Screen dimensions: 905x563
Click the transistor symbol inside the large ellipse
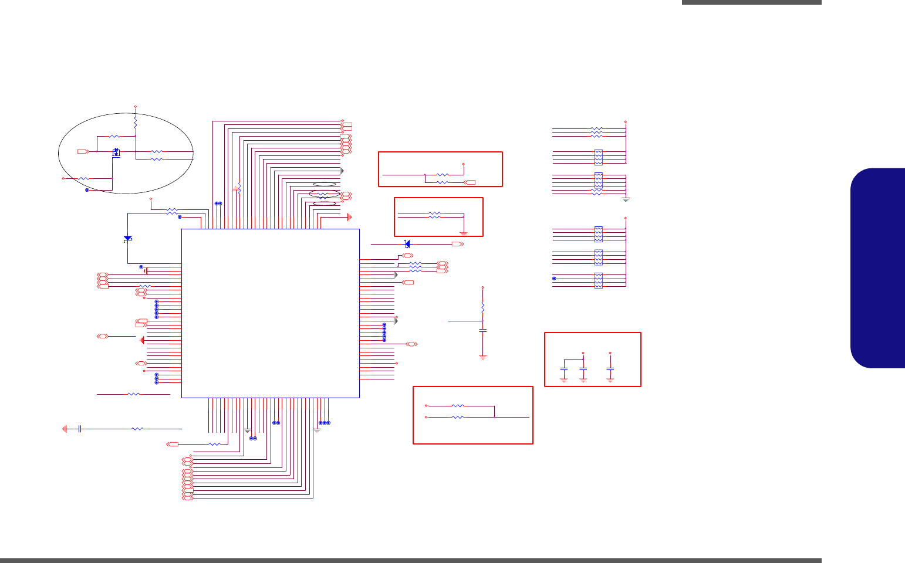116,152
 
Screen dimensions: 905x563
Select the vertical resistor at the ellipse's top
136,123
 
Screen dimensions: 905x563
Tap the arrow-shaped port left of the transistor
83,152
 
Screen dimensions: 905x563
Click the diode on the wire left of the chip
128,239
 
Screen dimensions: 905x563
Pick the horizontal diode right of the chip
407,244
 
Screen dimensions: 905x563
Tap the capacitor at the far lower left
79,429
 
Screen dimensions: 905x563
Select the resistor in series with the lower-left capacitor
137,429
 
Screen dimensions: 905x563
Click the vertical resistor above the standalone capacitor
482,307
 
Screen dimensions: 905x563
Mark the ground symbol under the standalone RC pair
482,357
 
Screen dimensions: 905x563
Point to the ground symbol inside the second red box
463,233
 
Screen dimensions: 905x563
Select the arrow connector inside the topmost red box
470,183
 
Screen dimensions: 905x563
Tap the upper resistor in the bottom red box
458,406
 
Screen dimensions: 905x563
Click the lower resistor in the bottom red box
458,417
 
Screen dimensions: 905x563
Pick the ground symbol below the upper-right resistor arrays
626,199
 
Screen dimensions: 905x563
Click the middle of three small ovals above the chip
325,194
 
